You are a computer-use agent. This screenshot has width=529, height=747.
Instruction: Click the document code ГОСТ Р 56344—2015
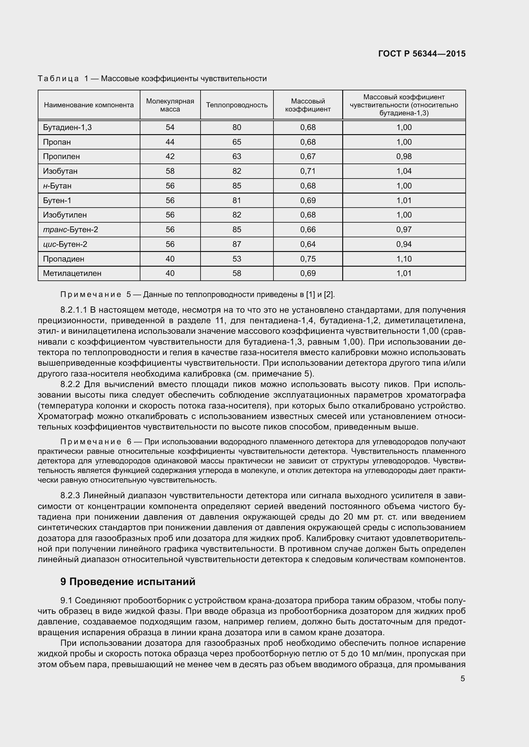coord(422,54)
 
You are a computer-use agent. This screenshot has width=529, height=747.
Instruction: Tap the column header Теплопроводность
coord(237,105)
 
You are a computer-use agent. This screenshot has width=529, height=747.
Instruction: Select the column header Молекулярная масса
coord(170,105)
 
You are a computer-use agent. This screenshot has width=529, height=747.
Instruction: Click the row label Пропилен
coord(61,156)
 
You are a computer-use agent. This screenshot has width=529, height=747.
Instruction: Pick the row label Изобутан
coord(60,171)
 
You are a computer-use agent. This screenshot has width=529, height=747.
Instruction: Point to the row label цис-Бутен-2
coord(65,244)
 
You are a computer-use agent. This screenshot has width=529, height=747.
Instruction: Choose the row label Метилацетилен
coord(72,273)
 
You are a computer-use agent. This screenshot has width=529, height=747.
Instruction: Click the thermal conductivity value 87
coord(237,244)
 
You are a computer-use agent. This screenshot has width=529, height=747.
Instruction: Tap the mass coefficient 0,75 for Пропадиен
coord(308,259)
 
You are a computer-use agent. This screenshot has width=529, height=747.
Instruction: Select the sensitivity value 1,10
coord(404,259)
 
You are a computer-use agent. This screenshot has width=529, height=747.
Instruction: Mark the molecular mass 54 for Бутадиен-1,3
coord(170,127)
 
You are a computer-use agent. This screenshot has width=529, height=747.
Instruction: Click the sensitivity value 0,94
coord(404,244)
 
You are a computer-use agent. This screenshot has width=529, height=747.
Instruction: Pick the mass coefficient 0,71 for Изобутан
coord(308,171)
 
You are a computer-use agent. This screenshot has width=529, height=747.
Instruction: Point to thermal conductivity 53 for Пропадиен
coord(237,259)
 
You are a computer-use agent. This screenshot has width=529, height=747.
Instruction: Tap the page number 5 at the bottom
coord(462,679)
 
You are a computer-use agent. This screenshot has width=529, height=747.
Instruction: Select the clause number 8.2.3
coord(70,496)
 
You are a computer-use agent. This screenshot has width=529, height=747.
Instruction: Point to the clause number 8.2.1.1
coord(74,310)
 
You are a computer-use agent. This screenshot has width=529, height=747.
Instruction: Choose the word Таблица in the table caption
coord(58,79)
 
